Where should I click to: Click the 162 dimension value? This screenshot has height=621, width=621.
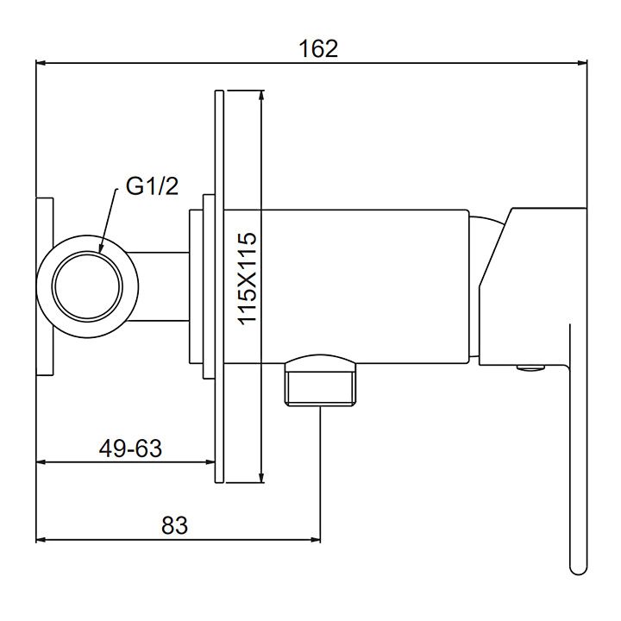click(x=318, y=48)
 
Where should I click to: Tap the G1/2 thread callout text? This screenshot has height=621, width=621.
click(x=152, y=186)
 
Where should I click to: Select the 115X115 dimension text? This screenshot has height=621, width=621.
click(x=248, y=279)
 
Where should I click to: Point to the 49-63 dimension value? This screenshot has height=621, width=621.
click(x=130, y=448)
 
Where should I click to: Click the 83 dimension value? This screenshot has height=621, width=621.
click(x=174, y=525)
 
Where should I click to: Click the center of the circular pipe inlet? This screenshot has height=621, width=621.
click(x=87, y=286)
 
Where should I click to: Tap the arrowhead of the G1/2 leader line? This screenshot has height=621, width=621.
click(x=101, y=248)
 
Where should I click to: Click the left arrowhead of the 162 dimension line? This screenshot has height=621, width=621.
click(x=41, y=63)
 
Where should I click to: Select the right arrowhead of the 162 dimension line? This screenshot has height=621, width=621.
click(x=581, y=63)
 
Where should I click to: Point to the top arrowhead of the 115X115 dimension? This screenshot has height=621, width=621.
click(x=261, y=96)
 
